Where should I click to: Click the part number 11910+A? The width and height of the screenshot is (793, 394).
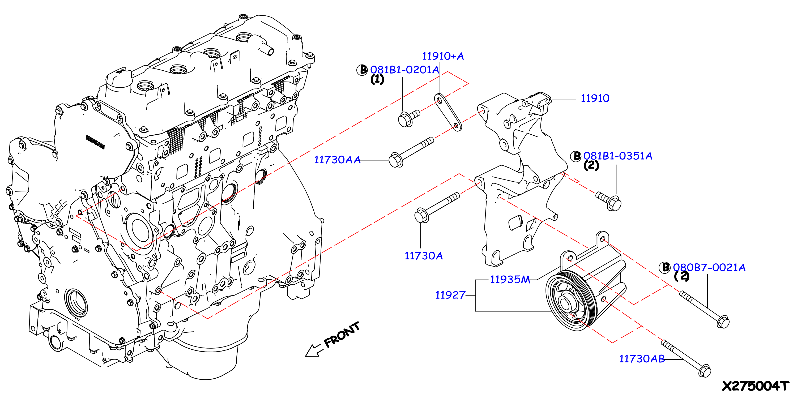(x=443, y=56)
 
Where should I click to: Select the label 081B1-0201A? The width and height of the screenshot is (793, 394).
(x=404, y=70)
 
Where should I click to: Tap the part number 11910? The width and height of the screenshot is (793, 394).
(x=595, y=98)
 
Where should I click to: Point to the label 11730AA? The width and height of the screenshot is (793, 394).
(x=337, y=160)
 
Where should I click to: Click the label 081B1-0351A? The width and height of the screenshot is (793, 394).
(x=617, y=156)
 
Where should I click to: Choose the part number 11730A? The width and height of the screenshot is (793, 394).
(x=423, y=256)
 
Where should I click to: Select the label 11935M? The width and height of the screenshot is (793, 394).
(x=510, y=280)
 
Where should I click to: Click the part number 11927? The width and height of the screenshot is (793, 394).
(x=450, y=295)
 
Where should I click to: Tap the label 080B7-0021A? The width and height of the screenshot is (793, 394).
(x=709, y=267)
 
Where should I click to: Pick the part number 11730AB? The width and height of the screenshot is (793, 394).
(x=642, y=359)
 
